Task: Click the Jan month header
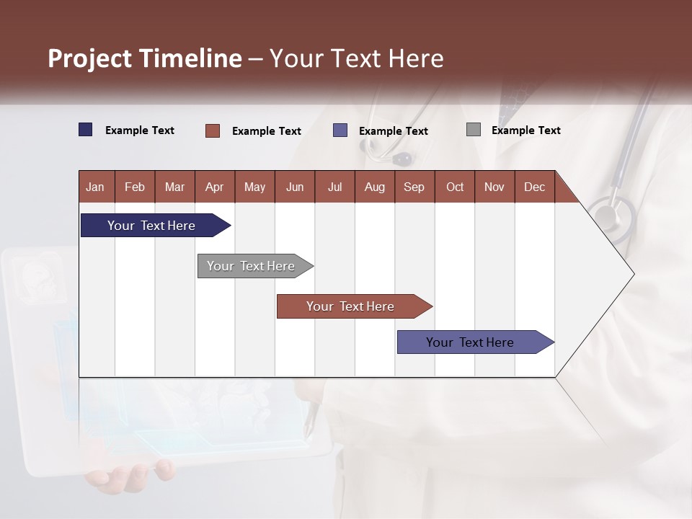pyautogui.click(x=95, y=187)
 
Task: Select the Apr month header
pyautogui.click(x=214, y=187)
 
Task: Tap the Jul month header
pyautogui.click(x=334, y=187)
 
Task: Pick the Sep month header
pyautogui.click(x=414, y=187)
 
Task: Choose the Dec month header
pyautogui.click(x=534, y=187)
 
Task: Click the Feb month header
pyautogui.click(x=135, y=187)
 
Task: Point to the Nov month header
pyautogui.click(x=494, y=187)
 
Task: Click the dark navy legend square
pyautogui.click(x=86, y=130)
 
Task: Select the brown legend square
pyautogui.click(x=213, y=130)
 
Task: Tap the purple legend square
pyautogui.click(x=340, y=130)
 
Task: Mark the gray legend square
pyautogui.click(x=474, y=130)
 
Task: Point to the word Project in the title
pyautogui.click(x=90, y=58)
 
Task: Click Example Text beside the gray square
pyautogui.click(x=525, y=130)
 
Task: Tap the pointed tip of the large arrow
pyautogui.click(x=632, y=274)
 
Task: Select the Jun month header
pyautogui.click(x=295, y=187)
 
